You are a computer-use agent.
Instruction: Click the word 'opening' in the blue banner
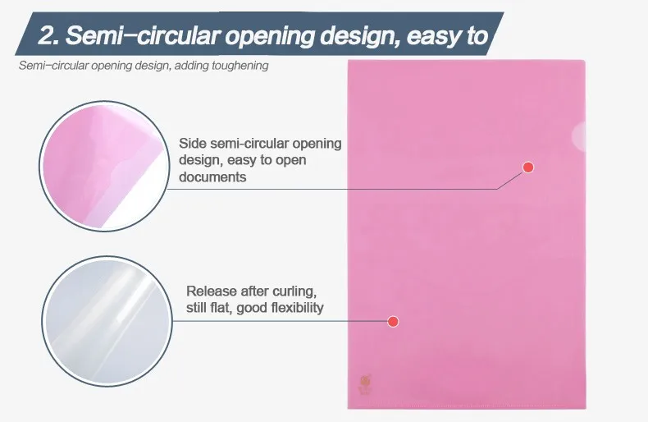coord(269,35)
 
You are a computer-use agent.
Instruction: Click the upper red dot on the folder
coord(528,167)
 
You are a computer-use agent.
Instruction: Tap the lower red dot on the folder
coord(393,322)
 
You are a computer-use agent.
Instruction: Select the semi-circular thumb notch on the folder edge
coord(580,136)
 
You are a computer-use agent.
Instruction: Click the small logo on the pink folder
coord(365,385)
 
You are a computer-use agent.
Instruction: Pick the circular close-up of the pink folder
coord(104,166)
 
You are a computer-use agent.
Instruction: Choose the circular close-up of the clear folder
coord(107,321)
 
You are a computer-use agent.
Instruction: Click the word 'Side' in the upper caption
coord(193,144)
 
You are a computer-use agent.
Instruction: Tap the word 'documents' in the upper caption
coord(212,177)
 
